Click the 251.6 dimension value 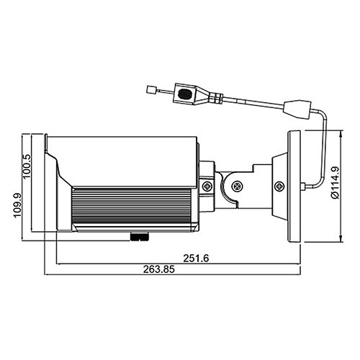click(x=196, y=258)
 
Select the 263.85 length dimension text click(x=159, y=269)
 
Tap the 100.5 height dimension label click(x=27, y=166)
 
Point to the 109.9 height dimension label click(x=18, y=205)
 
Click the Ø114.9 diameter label click(x=335, y=182)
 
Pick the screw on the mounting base click(x=279, y=186)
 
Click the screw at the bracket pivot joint click(x=237, y=186)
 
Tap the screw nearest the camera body click(x=207, y=186)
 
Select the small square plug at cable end click(x=150, y=90)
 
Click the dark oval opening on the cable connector click(x=186, y=94)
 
